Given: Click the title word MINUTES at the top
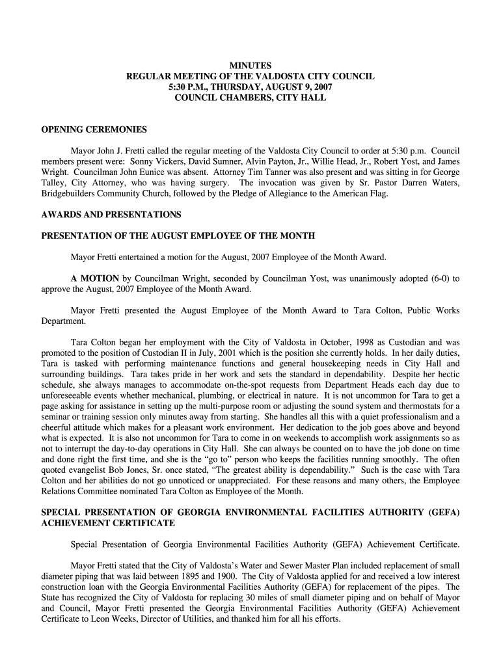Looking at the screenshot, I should point(250,66).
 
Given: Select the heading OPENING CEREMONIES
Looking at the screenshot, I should point(94,129).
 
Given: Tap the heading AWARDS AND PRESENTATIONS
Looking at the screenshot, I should point(111,214).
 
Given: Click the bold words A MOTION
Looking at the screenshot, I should point(95,278).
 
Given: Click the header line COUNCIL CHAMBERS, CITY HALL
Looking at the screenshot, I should point(250,98).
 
